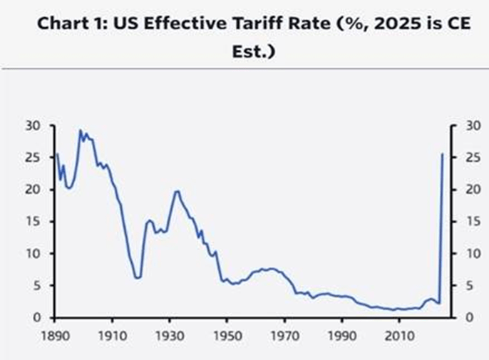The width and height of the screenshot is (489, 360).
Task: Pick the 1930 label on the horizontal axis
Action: [169, 334]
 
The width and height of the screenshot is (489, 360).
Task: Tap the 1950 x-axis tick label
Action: [227, 334]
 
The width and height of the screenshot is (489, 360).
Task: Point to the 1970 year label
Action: [284, 334]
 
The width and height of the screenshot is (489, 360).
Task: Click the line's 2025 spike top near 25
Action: [443, 154]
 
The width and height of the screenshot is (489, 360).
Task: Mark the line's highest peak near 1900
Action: [81, 130]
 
